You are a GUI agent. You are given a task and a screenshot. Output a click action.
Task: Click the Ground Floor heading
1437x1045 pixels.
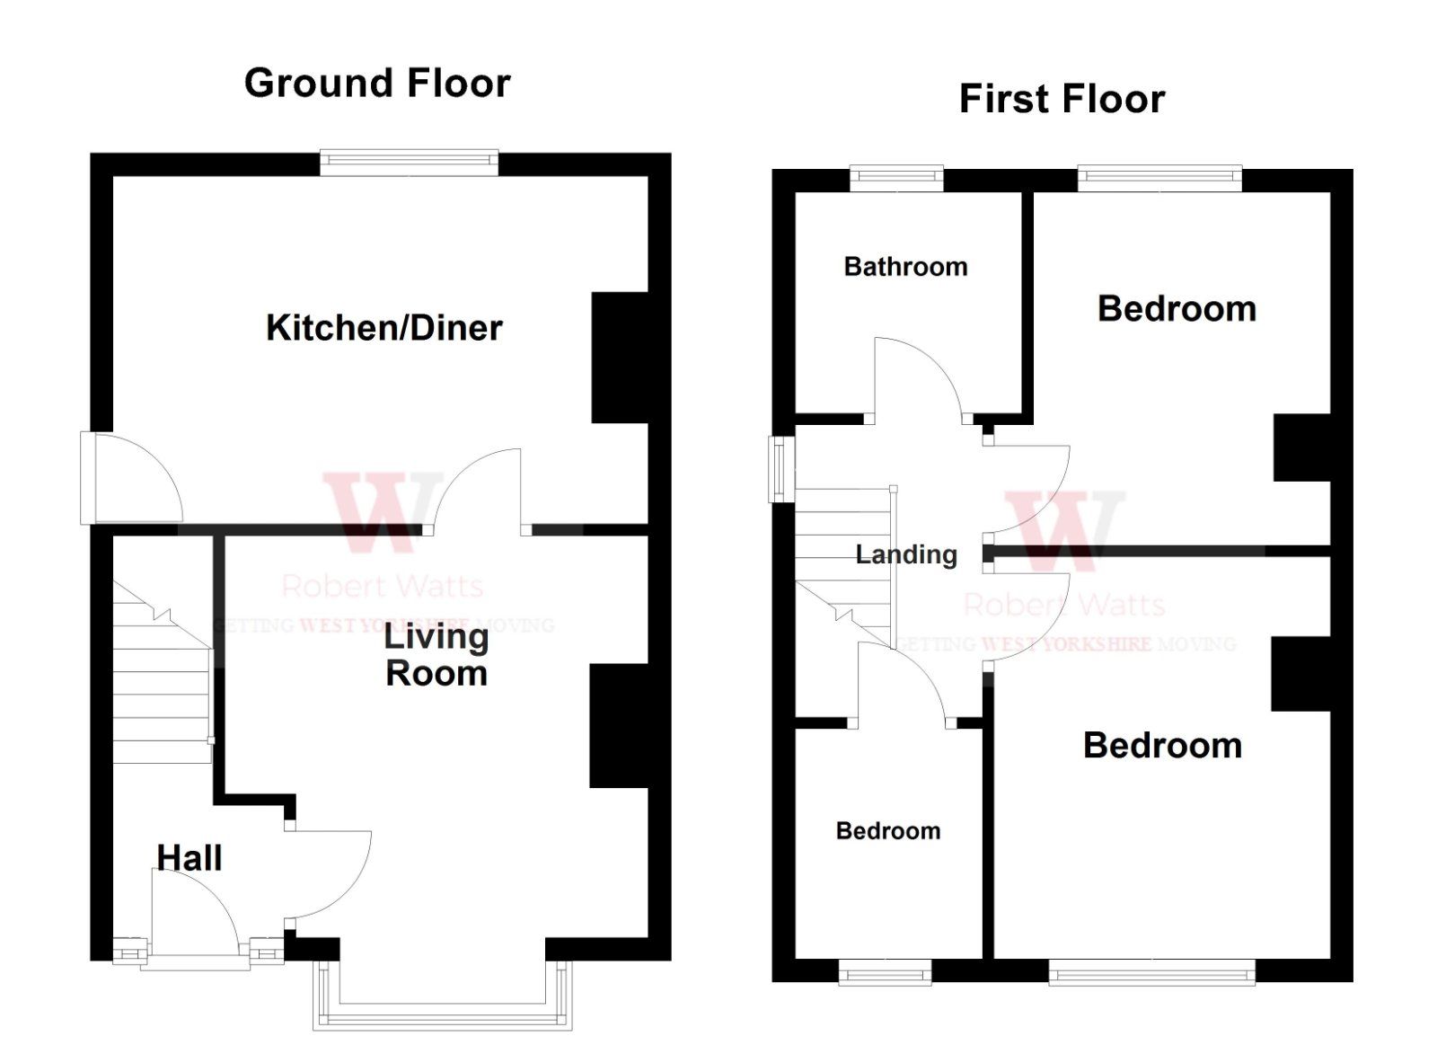pos(377,83)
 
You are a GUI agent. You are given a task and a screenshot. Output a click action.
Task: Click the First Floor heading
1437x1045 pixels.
pos(1062,98)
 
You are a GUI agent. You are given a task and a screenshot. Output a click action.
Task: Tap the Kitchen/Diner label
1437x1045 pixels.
pos(384,327)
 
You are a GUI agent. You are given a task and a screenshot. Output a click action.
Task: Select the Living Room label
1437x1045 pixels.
pos(436,654)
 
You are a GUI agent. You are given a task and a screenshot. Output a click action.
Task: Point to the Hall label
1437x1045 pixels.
pos(190,857)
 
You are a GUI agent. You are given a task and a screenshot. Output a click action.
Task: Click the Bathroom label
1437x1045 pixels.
pos(905,266)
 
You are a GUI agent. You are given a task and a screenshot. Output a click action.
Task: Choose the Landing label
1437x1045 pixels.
pos(905,554)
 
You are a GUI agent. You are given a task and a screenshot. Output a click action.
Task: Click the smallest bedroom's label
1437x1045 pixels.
pos(888,830)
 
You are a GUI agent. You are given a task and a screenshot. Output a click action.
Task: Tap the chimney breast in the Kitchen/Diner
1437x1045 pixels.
pos(620,357)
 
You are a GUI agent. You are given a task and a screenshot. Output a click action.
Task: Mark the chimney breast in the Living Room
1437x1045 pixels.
pos(618,726)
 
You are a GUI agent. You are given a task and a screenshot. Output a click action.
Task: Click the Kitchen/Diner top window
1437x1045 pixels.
pos(409,162)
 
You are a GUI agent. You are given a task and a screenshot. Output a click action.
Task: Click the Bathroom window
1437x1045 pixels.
pos(896,178)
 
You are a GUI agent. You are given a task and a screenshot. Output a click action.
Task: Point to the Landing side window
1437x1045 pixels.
pos(781,468)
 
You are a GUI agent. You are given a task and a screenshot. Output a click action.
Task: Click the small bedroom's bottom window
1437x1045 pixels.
pos(885,972)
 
